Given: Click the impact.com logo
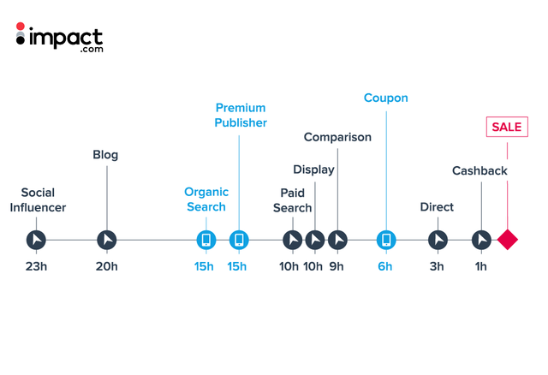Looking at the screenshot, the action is pyautogui.click(x=59, y=38).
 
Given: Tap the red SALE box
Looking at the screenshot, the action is pyautogui.click(x=507, y=127).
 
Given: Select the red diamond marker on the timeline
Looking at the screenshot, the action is pyautogui.click(x=508, y=240).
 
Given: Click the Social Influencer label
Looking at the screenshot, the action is pyautogui.click(x=38, y=199).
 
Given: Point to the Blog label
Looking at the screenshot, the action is pyautogui.click(x=105, y=155).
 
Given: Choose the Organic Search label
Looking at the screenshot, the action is pyautogui.click(x=206, y=199).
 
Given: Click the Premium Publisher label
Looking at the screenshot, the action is pyautogui.click(x=241, y=116).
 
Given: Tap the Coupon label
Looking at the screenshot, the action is pyautogui.click(x=386, y=98).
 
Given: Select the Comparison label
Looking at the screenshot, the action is pyautogui.click(x=337, y=137).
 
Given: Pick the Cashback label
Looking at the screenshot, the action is pyautogui.click(x=479, y=170).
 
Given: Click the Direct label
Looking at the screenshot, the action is pyautogui.click(x=437, y=207).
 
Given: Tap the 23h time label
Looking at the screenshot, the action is pyautogui.click(x=36, y=266).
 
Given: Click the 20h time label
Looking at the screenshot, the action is pyautogui.click(x=106, y=266).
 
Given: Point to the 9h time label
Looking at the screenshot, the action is pyautogui.click(x=337, y=266).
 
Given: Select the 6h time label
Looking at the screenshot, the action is pyautogui.click(x=384, y=266).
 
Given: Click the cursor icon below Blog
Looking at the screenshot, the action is pyautogui.click(x=106, y=240).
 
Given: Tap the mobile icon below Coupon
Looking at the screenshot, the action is pyautogui.click(x=386, y=240).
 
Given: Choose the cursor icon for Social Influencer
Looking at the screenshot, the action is pyautogui.click(x=36, y=240).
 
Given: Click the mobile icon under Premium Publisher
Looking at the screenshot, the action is pyautogui.click(x=239, y=240).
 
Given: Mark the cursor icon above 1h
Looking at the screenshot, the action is pyautogui.click(x=481, y=240).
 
